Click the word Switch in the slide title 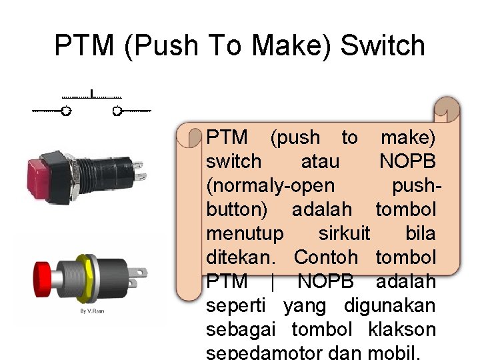pos(382,46)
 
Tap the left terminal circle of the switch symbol pos(65,111)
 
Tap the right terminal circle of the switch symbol pos(117,111)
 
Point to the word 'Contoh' pos(325,257)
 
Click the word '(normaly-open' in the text pos(271,186)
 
